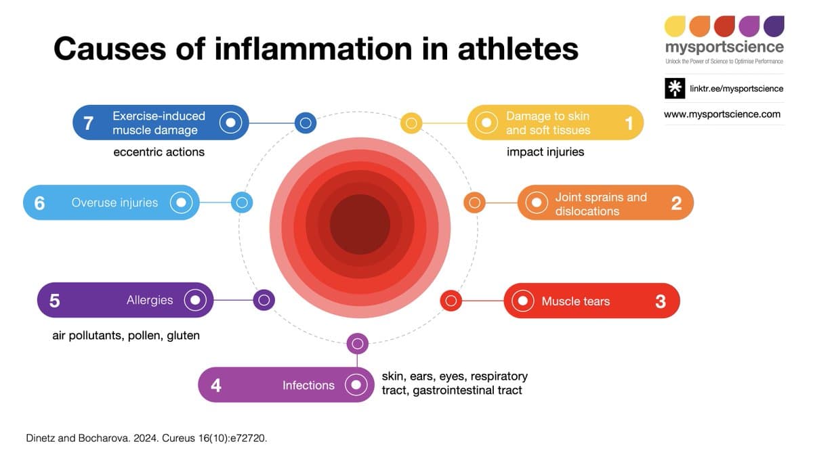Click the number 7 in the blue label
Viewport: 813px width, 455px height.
[88, 123]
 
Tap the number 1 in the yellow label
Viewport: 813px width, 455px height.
[629, 123]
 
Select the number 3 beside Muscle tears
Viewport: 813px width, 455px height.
[661, 301]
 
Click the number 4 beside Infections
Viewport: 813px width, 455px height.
[215, 385]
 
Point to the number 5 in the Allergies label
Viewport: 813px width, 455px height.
[55, 301]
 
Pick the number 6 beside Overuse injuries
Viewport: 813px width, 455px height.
[39, 202]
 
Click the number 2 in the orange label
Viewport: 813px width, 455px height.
[676, 203]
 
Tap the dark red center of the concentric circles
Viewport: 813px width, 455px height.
[360, 225]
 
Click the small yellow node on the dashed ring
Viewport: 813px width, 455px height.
[411, 123]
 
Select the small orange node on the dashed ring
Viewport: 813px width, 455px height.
[474, 202]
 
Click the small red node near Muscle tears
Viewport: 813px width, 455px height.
[451, 300]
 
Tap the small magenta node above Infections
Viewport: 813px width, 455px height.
[357, 344]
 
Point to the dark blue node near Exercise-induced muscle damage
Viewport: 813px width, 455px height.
[306, 123]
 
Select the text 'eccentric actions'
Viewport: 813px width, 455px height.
[159, 152]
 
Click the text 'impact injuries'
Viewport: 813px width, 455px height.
[545, 152]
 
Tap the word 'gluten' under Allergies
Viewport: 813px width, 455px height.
[183, 335]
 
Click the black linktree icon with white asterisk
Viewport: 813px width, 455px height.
[675, 89]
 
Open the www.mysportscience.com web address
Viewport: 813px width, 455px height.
[722, 114]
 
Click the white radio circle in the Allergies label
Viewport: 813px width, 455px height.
[195, 300]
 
